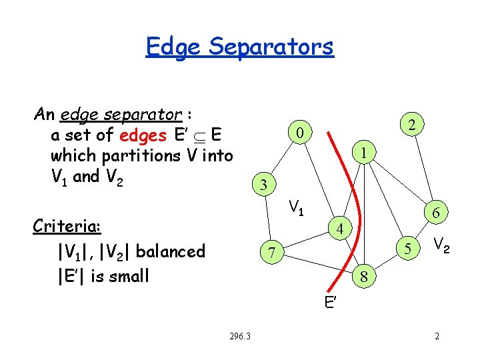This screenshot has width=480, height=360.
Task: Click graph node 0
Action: [x=301, y=134]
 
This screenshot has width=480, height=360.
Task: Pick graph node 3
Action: [x=264, y=185]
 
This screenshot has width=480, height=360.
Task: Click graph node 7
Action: [x=270, y=253]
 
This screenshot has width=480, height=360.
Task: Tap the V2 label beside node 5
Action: [x=441, y=246]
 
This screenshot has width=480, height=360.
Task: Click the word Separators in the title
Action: [x=271, y=47]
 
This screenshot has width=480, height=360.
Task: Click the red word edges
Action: [x=143, y=135]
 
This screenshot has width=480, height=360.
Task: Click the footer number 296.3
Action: [x=239, y=335]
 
